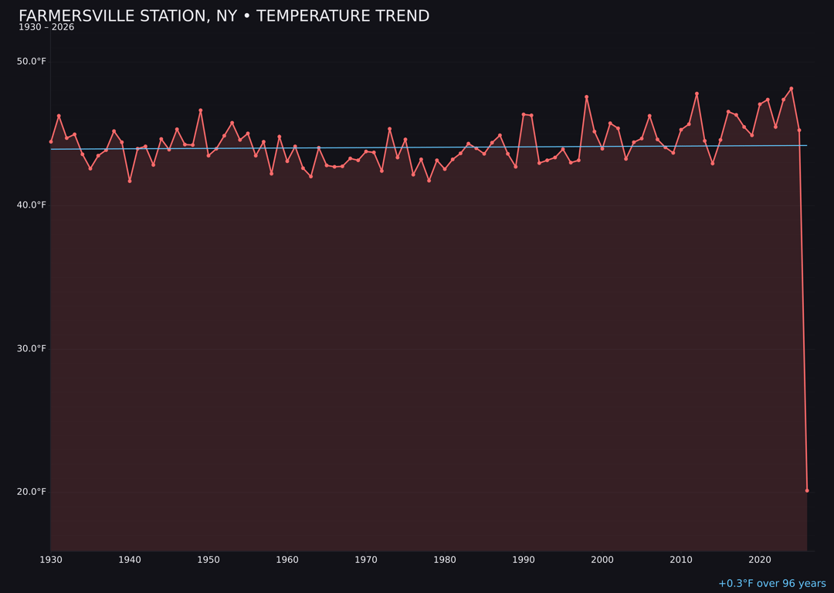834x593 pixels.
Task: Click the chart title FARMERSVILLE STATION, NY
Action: (x=224, y=16)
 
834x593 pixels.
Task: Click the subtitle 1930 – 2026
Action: (x=46, y=27)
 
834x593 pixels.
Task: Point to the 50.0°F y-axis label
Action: (x=32, y=62)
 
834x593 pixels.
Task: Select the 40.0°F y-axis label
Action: (x=32, y=205)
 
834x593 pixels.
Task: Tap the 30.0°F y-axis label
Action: (x=32, y=348)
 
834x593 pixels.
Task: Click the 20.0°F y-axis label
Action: (x=32, y=492)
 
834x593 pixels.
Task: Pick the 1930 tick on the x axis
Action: (x=51, y=560)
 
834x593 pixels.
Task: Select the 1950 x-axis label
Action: (x=208, y=560)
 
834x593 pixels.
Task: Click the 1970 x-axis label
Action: (x=366, y=560)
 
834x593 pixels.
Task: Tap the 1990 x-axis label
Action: (x=524, y=560)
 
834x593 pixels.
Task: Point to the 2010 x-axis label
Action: (x=681, y=560)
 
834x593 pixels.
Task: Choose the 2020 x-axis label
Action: (x=760, y=560)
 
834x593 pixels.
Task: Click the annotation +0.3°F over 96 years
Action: (x=771, y=584)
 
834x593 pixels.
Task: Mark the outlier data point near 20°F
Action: (x=807, y=490)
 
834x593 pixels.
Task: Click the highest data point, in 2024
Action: (x=792, y=89)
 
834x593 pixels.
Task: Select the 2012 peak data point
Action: (x=697, y=94)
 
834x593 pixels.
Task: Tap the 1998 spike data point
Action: (x=586, y=97)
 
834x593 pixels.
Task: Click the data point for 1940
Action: (x=130, y=181)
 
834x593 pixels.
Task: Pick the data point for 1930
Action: (x=51, y=142)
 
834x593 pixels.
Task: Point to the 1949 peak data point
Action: (x=201, y=110)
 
